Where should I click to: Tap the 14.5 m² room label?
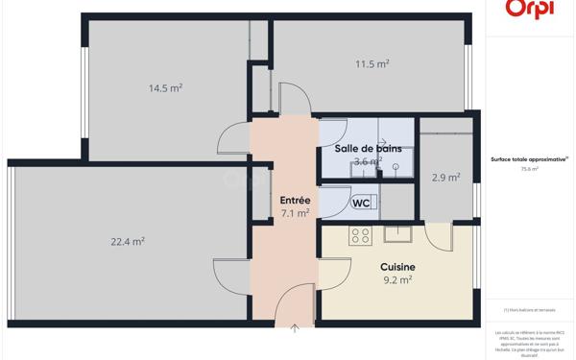pyautogui.click(x=165, y=87)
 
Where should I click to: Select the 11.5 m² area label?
pyautogui.click(x=372, y=64)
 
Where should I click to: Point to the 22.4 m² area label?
pyautogui.click(x=128, y=242)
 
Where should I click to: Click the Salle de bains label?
pyautogui.click(x=369, y=149)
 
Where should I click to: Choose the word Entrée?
pyautogui.click(x=295, y=201)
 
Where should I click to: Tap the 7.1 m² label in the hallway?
pyautogui.click(x=295, y=213)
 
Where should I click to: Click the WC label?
pyautogui.click(x=361, y=204)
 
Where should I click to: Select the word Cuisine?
pyautogui.click(x=396, y=268)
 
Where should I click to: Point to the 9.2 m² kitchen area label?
pyautogui.click(x=396, y=280)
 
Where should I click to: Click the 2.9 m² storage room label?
pyautogui.click(x=445, y=178)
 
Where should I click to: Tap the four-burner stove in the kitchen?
pyautogui.click(x=360, y=236)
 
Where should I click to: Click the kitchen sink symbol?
pyautogui.click(x=397, y=232)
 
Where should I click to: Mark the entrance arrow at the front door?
pyautogui.click(x=295, y=328)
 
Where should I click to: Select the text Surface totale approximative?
pyautogui.click(x=529, y=159)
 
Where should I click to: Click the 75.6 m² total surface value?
pyautogui.click(x=529, y=169)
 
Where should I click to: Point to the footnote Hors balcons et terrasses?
pyautogui.click(x=529, y=310)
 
